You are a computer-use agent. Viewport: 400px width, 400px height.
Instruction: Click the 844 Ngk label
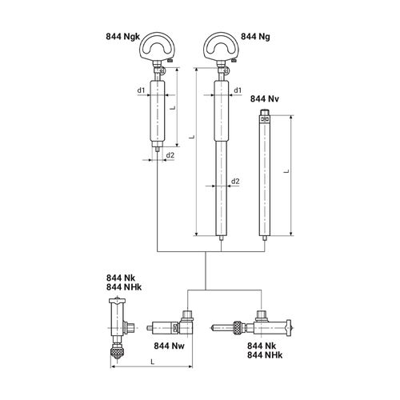pyautogui.click(x=123, y=37)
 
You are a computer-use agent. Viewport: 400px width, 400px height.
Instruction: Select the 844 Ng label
pyautogui.click(x=255, y=37)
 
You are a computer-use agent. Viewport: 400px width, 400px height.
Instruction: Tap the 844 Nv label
pyautogui.click(x=265, y=99)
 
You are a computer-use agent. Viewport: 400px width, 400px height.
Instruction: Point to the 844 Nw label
pyautogui.click(x=169, y=346)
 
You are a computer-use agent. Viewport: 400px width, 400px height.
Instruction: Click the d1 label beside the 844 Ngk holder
pyautogui.click(x=141, y=90)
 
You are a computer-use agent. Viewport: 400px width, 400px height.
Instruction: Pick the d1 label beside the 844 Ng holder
pyautogui.click(x=238, y=90)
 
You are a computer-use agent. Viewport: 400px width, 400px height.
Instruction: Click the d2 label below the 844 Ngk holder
pyautogui.click(x=170, y=155)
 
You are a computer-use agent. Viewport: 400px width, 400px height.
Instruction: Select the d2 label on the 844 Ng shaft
pyautogui.click(x=235, y=182)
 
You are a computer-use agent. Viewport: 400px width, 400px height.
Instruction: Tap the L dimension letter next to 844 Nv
pyautogui.click(x=286, y=171)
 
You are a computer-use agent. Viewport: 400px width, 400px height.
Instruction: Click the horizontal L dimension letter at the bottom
pyautogui.click(x=153, y=362)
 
